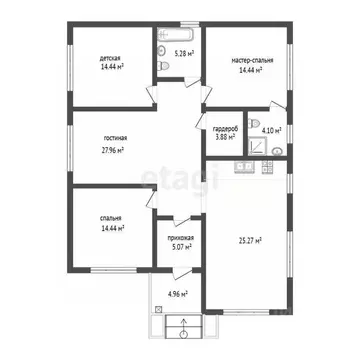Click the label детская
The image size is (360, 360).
(111, 59)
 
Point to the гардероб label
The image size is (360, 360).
(224, 128)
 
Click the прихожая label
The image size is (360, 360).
(180, 237)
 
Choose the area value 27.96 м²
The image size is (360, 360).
(115, 151)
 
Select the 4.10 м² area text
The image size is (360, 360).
(271, 130)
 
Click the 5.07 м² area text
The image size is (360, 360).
(180, 246)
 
